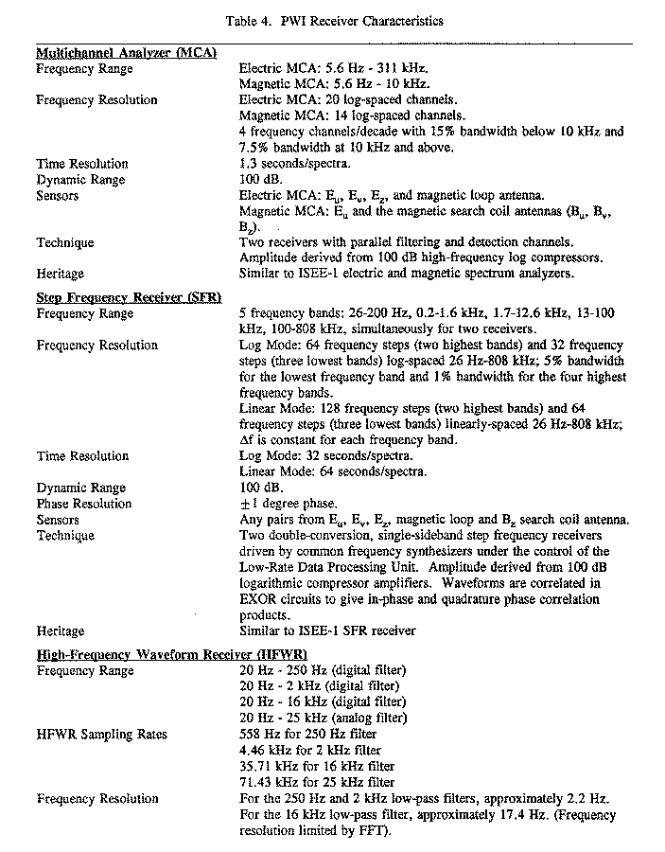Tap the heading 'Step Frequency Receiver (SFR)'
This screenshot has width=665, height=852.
(129, 297)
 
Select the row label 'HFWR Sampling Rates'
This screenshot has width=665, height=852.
(102, 735)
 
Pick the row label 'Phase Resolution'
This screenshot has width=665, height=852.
(84, 504)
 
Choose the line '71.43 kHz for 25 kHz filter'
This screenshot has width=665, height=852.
(317, 782)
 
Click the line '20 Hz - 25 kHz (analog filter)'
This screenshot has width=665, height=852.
(322, 718)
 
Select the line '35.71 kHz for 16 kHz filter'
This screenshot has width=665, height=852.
(317, 766)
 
